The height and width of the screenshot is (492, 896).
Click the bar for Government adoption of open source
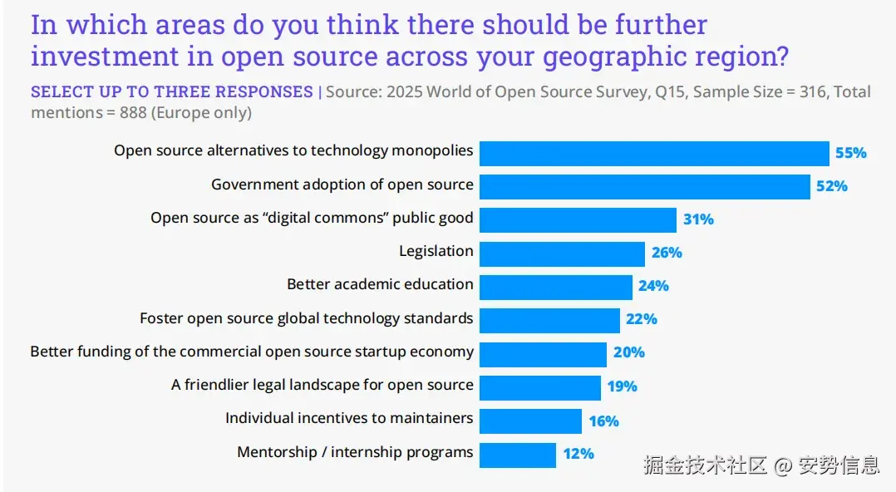point(644,186)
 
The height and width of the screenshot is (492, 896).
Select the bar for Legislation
point(562,253)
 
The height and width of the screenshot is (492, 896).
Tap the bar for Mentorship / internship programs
point(517,455)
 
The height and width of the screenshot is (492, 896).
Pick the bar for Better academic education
point(555,287)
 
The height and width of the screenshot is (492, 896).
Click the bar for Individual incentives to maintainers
point(530,421)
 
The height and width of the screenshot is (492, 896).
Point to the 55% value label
point(851,153)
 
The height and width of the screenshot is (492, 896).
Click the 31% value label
point(698,219)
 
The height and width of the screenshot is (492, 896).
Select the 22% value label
point(642,319)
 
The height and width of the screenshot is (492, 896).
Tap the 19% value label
point(622,386)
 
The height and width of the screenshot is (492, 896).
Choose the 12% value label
point(578,454)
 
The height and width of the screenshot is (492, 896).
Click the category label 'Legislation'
point(436,251)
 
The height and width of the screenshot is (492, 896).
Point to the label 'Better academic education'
point(380,284)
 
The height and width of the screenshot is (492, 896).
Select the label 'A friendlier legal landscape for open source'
point(322,385)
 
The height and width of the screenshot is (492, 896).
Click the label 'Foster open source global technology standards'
point(306,318)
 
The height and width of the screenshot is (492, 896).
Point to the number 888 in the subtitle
point(133,112)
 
